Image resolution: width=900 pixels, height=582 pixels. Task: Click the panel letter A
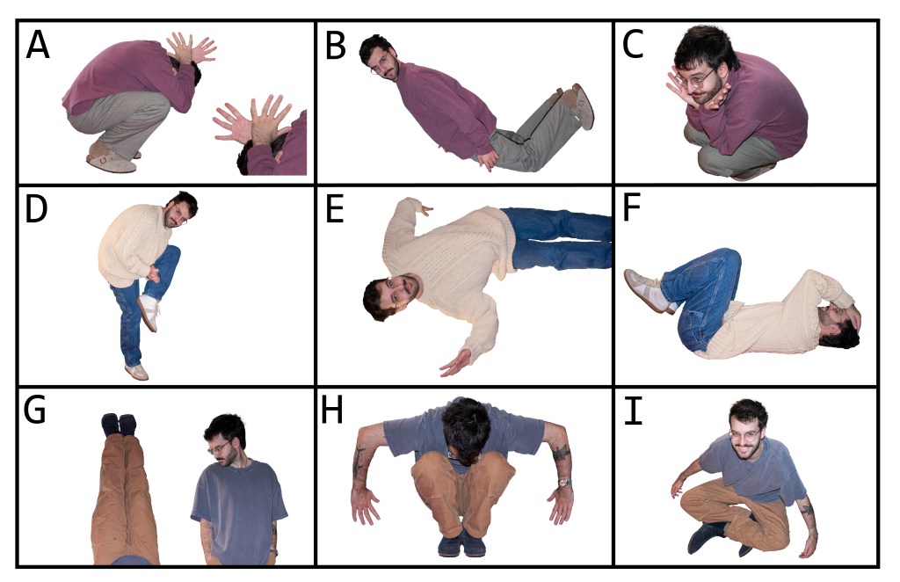tap(38, 45)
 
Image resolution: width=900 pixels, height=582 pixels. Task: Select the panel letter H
tap(332, 410)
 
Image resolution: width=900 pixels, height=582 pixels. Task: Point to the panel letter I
tap(633, 411)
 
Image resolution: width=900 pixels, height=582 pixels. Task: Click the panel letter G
tap(34, 410)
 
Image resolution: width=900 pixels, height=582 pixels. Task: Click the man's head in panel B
tap(380, 57)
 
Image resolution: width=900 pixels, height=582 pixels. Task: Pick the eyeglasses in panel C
tap(697, 79)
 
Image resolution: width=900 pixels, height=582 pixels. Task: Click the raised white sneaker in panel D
tap(149, 313)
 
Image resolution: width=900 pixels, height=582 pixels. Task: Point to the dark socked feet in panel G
tap(119, 424)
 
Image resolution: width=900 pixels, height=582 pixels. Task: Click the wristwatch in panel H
tap(564, 483)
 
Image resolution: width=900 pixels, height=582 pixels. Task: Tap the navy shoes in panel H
tap(461, 545)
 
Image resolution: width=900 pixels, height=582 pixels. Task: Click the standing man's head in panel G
tap(225, 439)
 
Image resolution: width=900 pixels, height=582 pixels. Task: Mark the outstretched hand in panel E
tap(456, 363)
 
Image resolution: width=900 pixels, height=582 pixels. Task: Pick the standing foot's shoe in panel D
tap(136, 372)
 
